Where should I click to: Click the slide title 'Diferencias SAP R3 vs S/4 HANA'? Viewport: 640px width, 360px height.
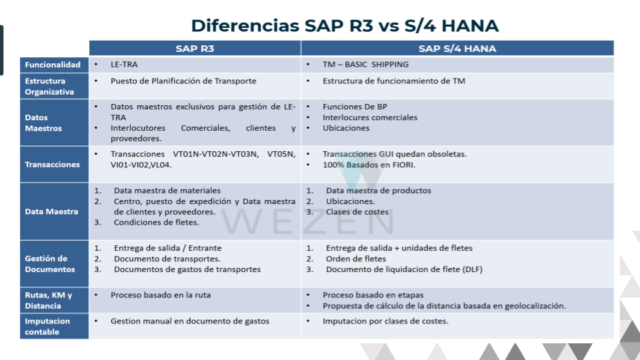345,26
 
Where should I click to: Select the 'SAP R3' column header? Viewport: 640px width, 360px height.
195,49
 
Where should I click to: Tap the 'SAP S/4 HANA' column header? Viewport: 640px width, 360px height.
457,49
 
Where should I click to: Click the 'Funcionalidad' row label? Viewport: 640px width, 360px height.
53,65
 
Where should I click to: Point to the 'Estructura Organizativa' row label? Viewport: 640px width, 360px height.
49,86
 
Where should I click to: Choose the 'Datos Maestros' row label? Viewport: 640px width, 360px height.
43,123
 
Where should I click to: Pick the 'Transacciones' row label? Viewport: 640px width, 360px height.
52,165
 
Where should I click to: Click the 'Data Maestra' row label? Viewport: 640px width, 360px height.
51,211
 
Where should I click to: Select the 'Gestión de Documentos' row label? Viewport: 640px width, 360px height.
50,264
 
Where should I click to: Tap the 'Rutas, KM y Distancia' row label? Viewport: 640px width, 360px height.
48,301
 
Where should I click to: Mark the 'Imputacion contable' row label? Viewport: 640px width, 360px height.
47,327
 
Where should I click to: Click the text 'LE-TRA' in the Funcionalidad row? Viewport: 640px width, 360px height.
124,65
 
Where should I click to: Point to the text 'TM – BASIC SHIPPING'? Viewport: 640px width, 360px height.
366,65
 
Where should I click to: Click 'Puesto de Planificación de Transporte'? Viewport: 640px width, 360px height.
183,81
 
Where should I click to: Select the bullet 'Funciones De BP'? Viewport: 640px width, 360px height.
355,107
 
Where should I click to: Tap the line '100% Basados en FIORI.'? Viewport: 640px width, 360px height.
369,165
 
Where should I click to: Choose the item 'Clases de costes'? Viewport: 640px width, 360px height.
357,212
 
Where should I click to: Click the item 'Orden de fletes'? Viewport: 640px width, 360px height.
356,259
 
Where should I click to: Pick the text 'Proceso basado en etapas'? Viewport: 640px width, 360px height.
373,295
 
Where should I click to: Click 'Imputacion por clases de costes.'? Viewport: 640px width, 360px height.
385,321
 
